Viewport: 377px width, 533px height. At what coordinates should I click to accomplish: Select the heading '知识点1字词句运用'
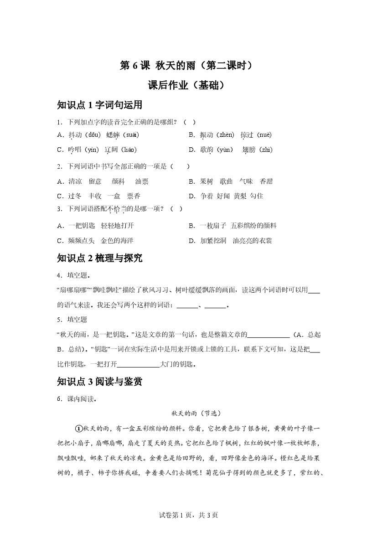100,105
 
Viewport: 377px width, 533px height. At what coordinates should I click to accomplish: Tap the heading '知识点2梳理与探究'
100,258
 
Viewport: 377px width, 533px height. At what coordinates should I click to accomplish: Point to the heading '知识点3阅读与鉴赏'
100,382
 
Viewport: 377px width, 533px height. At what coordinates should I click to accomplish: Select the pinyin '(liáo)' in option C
127,150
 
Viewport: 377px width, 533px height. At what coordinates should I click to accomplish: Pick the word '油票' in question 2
142,181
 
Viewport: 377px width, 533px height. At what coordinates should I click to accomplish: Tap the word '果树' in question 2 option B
207,181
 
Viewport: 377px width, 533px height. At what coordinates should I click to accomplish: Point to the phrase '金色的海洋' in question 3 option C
117,240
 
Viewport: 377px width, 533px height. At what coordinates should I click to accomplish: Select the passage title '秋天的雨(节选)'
196,414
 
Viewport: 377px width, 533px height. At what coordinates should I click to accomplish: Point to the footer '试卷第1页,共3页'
188,515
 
